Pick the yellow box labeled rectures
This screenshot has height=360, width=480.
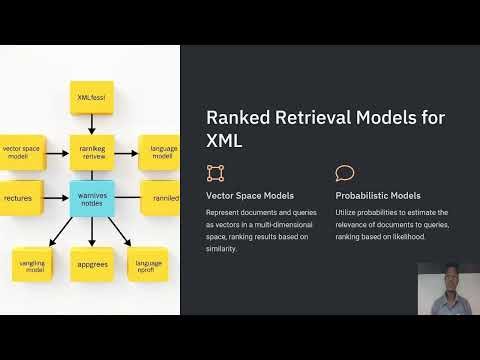pyautogui.click(x=20, y=197)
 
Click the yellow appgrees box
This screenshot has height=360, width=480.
pyautogui.click(x=92, y=265)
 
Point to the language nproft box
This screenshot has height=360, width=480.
pyautogui.click(x=150, y=265)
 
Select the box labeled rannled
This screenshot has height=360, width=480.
pyautogui.click(x=163, y=198)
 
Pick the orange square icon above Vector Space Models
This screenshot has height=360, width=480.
pyautogui.click(x=215, y=172)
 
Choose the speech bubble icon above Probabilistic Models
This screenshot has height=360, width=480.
pyautogui.click(x=345, y=172)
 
